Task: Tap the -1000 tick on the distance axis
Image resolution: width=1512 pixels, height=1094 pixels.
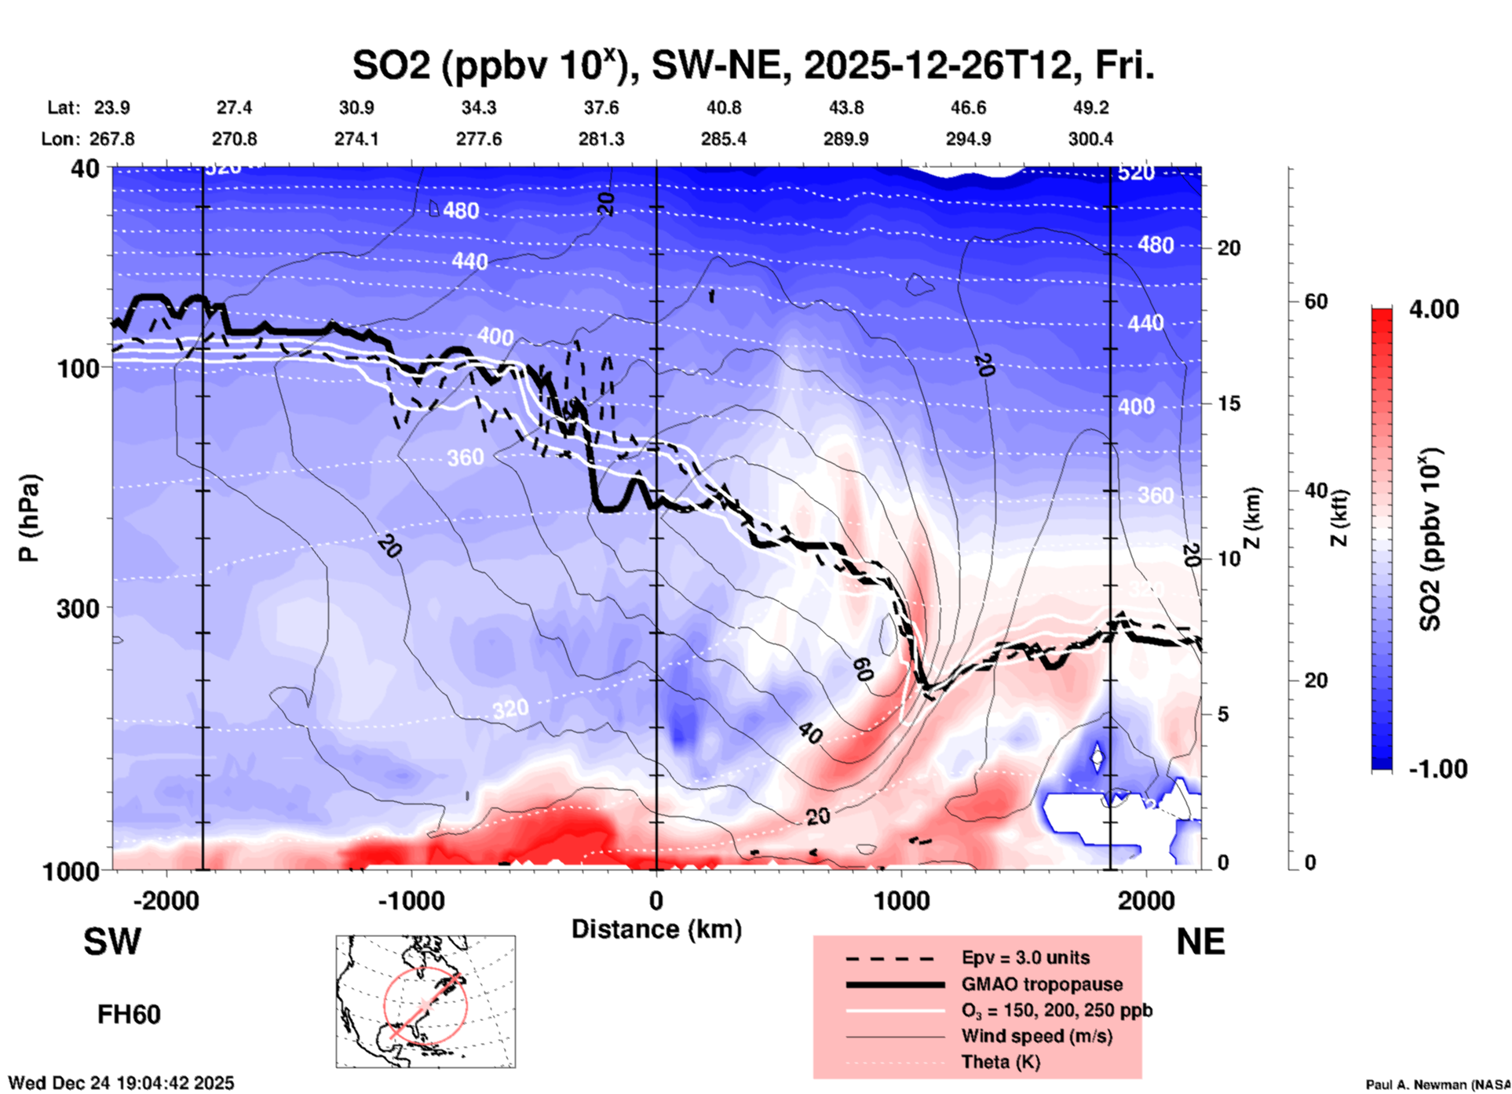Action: coord(411,900)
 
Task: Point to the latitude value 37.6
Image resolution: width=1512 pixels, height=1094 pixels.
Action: coord(601,108)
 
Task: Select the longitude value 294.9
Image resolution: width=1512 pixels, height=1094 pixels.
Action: coord(967,139)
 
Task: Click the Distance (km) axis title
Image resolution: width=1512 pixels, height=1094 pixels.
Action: coord(656,929)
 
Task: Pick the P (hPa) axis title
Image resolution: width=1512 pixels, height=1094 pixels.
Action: coord(29,518)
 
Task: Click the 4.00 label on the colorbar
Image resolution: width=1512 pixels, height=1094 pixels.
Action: coord(1433,309)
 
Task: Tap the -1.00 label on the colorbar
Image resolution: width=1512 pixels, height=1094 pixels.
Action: coord(1437,769)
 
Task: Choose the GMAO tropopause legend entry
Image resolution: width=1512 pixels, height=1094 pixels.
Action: coord(1042,984)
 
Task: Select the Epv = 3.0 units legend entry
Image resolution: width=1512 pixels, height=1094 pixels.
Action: coord(1025,958)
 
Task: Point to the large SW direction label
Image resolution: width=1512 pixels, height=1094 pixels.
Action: coord(112,942)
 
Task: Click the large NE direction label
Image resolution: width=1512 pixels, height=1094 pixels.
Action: coord(1200,942)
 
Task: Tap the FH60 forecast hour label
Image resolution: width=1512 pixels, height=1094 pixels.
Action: coord(129,1015)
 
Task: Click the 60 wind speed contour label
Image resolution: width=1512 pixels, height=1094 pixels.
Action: coord(862,669)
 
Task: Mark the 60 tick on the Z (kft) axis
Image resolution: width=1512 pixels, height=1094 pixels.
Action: coord(1316,301)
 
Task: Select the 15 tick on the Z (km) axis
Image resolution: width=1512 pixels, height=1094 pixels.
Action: coord(1229,403)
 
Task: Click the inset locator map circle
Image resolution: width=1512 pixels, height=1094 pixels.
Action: coord(425,1005)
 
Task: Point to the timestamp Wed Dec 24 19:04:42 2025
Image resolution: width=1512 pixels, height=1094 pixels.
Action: coord(121,1083)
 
